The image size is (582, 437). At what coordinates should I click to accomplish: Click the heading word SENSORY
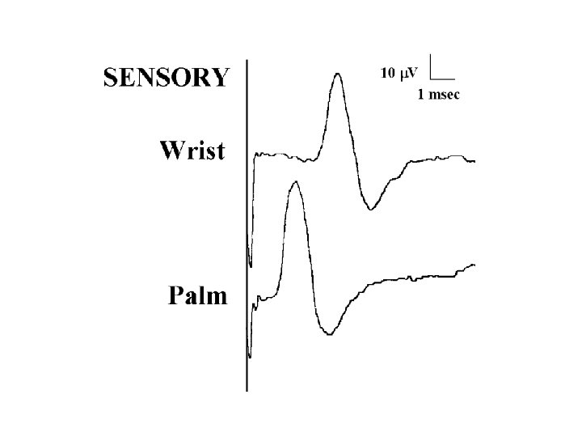click(x=165, y=77)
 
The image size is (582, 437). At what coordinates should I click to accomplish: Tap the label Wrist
click(x=192, y=151)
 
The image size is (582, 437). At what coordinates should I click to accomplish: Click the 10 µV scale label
click(x=399, y=74)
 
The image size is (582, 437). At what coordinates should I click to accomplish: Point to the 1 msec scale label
click(x=438, y=95)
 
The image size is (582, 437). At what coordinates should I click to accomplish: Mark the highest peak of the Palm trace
click(x=295, y=182)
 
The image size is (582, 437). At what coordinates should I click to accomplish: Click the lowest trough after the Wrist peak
click(x=370, y=209)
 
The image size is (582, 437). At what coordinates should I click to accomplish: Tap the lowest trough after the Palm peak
click(x=328, y=333)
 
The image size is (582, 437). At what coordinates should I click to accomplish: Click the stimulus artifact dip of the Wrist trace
click(x=250, y=265)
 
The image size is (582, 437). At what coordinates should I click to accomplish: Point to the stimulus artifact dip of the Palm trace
click(x=250, y=355)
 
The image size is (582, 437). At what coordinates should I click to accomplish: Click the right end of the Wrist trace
click(x=474, y=161)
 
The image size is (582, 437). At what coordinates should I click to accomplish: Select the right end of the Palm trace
click(x=474, y=264)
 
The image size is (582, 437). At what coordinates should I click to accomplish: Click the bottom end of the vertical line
click(x=247, y=391)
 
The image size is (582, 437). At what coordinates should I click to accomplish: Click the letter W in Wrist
click(x=171, y=151)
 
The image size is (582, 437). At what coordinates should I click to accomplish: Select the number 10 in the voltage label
click(x=387, y=74)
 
